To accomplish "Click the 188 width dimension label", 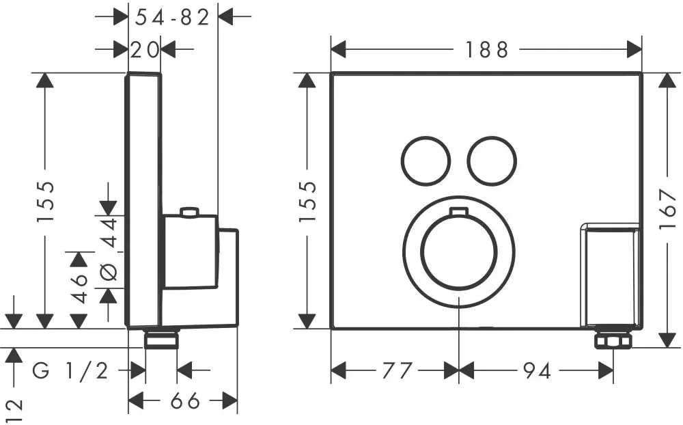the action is pos(486,50).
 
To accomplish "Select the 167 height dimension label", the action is pos(667,209).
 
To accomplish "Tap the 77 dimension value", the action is pos(397,371).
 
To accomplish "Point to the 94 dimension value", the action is pos(537,371).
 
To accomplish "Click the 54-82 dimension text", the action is pos(173,18).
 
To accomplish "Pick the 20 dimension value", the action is pos(145,50).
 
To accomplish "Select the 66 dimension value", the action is pos(184,400).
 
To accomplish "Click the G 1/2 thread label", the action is pos(70,371).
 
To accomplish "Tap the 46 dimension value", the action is pos(80,288).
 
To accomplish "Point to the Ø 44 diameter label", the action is pos(109,249).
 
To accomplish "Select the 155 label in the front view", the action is pos(307,202).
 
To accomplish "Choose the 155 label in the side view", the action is pos(45,202).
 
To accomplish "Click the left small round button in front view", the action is pos(425,161).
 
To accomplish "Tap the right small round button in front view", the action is pos(492,161).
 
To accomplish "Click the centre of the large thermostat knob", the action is pos(459,252).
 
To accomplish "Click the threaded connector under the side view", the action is pos(162,339).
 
